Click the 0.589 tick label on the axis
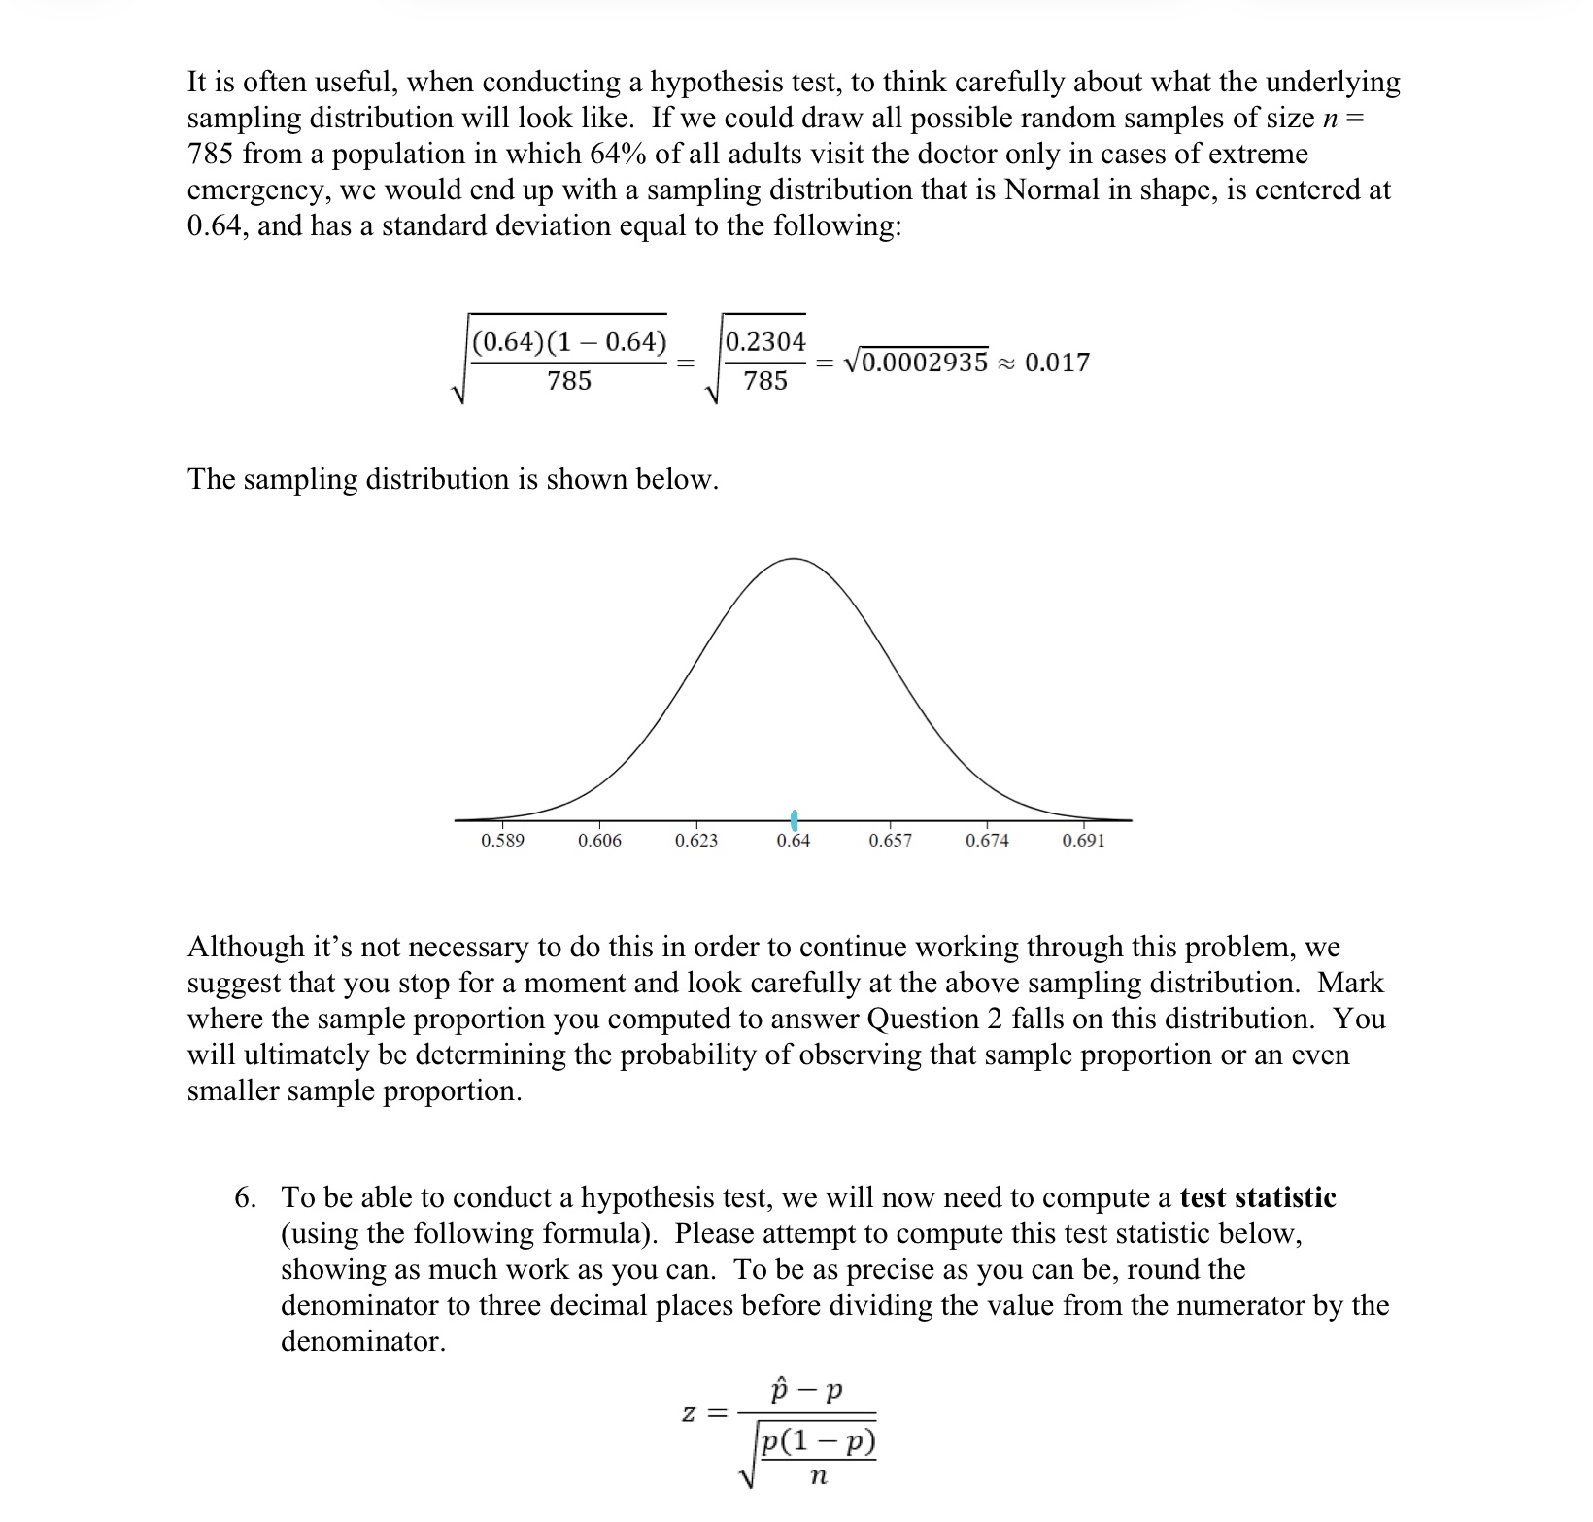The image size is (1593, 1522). [502, 841]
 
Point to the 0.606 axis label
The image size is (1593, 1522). [599, 841]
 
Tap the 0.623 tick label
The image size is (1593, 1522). [696, 841]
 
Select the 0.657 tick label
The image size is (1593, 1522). [890, 841]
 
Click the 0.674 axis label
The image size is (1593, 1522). [987, 841]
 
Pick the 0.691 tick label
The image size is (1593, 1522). [1083, 841]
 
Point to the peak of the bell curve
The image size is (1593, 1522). [794, 559]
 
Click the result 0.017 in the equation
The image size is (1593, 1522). [1057, 363]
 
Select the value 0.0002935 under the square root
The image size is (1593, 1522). [924, 363]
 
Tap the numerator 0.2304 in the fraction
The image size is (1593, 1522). [765, 342]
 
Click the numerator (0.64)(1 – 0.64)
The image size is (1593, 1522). [569, 342]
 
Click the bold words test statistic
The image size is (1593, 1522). [1257, 1197]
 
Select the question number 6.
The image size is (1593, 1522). [246, 1197]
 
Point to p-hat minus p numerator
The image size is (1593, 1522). [806, 1392]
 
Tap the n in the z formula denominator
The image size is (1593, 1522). [817, 1477]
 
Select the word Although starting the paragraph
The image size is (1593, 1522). [246, 947]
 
